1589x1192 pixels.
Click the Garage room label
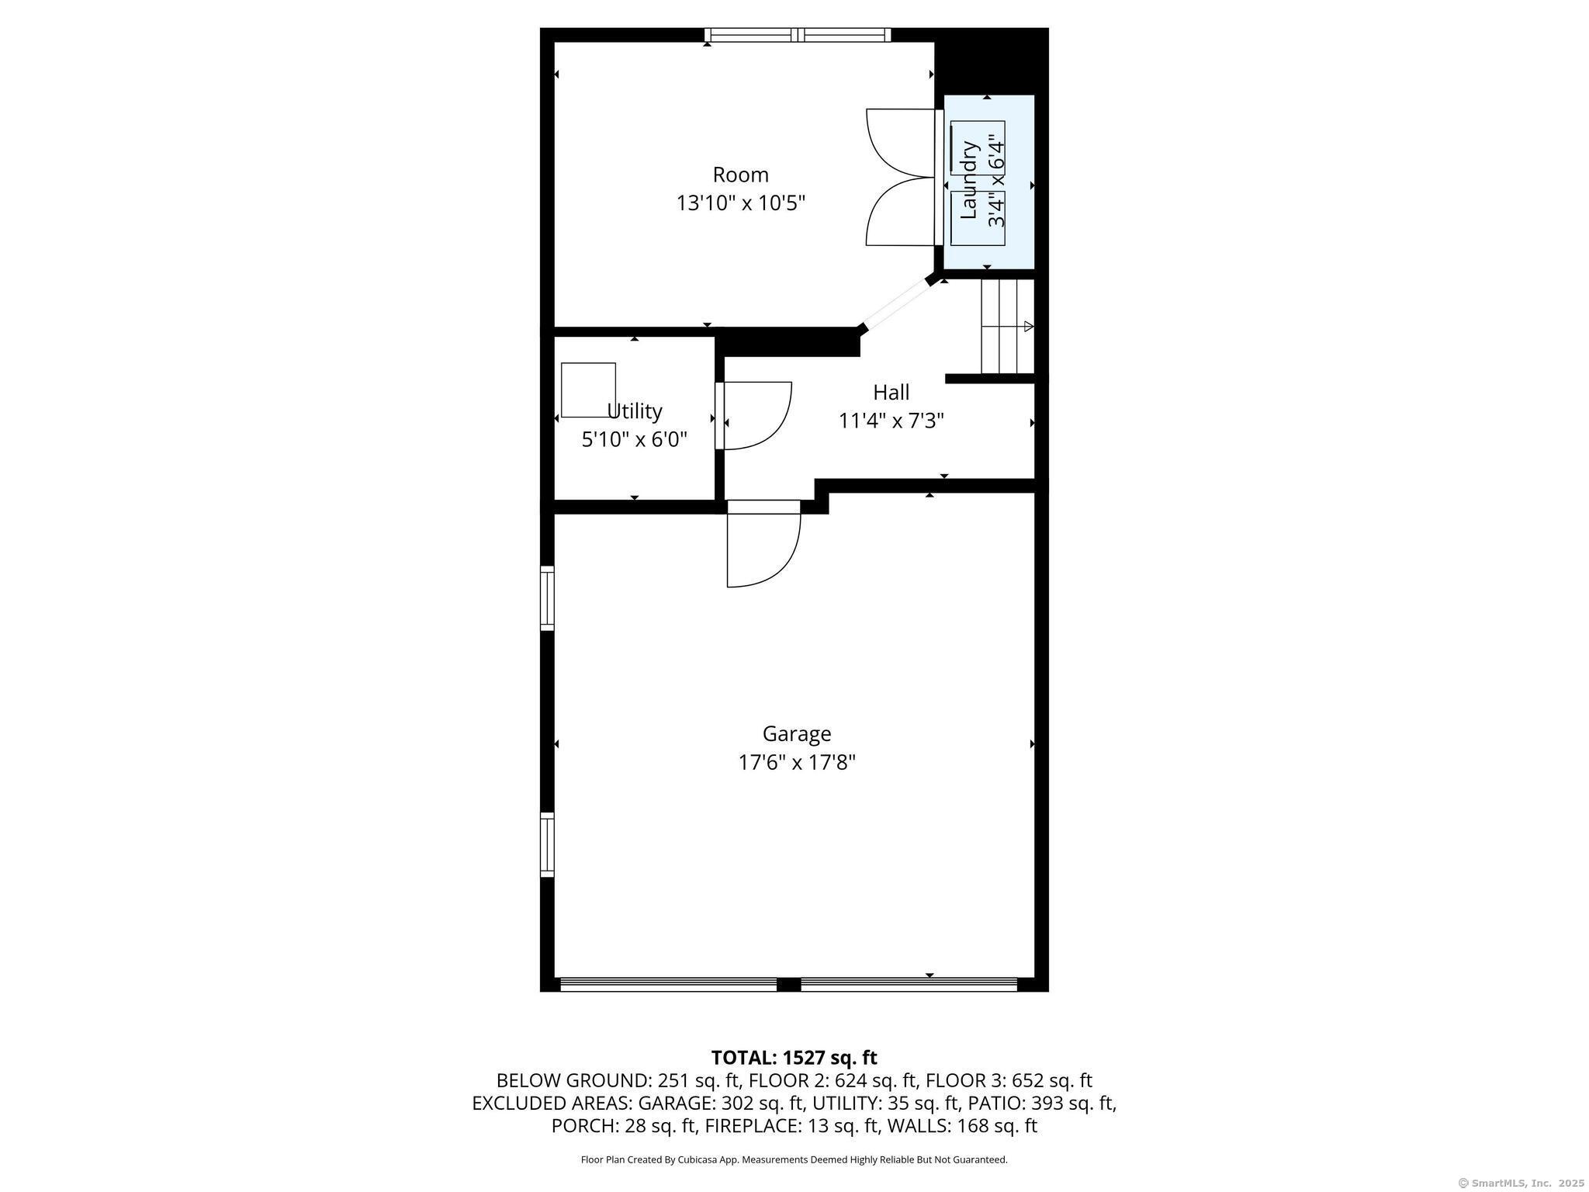[797, 734]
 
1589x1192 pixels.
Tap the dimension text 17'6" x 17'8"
[797, 762]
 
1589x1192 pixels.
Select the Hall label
[891, 392]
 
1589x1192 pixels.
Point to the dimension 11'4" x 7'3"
[891, 421]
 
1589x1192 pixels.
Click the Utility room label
[634, 411]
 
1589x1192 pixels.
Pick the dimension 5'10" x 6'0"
[635, 439]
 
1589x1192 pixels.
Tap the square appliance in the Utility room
[588, 390]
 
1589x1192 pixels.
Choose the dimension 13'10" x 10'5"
[741, 203]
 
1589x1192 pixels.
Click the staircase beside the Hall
[1007, 326]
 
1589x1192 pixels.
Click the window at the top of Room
[798, 34]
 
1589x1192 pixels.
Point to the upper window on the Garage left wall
[547, 598]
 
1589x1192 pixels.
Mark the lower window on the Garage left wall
[547, 844]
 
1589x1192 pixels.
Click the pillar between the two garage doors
[788, 985]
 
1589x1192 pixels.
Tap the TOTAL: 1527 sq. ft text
[794, 1058]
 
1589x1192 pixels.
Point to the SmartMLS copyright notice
[1521, 1183]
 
